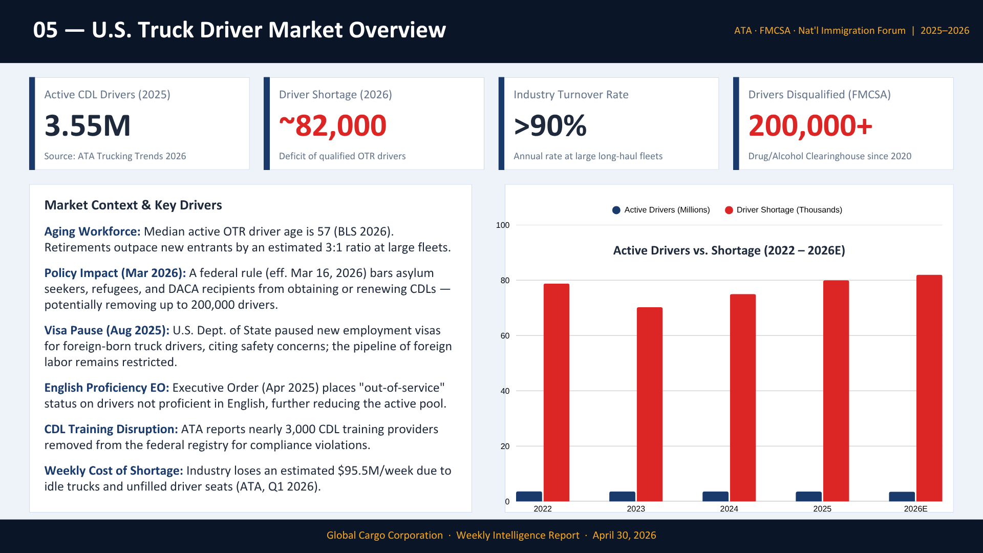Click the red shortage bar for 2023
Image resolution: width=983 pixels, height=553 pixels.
click(650, 404)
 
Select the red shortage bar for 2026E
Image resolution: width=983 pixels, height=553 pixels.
click(929, 388)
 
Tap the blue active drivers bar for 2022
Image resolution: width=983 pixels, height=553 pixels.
click(529, 496)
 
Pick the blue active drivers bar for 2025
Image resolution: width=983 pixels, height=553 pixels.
click(808, 496)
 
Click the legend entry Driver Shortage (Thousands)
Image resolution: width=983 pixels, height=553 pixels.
click(784, 210)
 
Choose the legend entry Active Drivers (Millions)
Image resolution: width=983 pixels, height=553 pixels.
click(661, 210)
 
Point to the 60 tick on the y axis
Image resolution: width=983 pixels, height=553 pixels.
click(505, 336)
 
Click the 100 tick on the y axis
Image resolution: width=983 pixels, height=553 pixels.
click(503, 225)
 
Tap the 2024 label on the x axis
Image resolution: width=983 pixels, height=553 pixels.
click(729, 508)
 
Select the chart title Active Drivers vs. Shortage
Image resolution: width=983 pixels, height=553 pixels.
click(729, 250)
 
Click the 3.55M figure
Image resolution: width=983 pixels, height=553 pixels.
click(88, 125)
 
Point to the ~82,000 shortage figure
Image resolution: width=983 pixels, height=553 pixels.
click(333, 125)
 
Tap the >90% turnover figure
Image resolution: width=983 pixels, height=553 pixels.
click(550, 125)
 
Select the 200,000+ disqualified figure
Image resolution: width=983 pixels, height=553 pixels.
click(810, 125)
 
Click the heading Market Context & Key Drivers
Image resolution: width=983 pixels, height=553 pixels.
click(133, 205)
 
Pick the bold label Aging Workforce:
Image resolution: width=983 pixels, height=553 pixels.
click(92, 231)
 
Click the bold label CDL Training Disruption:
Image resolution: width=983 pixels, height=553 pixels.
click(111, 429)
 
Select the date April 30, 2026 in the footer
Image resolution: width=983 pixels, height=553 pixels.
click(624, 535)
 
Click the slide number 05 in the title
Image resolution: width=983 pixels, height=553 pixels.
click(46, 30)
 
